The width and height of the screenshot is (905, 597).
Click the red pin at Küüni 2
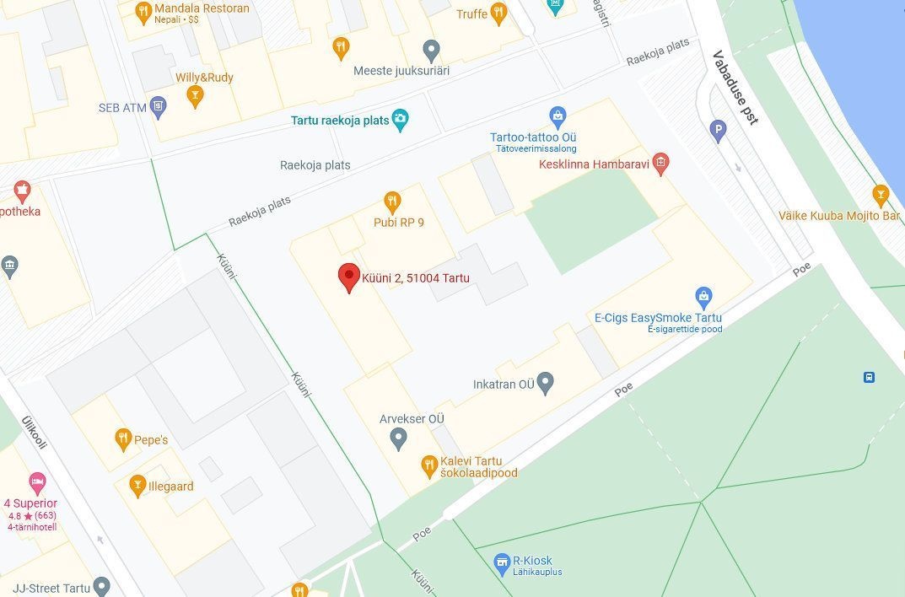(349, 277)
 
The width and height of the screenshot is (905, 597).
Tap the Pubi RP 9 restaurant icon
(392, 202)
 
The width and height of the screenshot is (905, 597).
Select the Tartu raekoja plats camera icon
(401, 121)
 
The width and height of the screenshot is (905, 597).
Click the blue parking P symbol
(719, 130)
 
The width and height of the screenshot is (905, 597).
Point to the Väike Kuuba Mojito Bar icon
(881, 196)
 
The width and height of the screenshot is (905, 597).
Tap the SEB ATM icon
(159, 107)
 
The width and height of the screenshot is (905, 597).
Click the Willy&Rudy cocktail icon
(196, 97)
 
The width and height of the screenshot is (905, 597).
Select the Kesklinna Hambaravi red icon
(661, 164)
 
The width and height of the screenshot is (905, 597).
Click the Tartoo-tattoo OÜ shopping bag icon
(557, 117)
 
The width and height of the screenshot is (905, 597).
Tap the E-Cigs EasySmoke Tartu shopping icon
(703, 297)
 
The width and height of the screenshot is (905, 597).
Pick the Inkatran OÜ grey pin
(546, 384)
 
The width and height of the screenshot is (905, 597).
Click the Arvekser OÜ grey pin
(398, 438)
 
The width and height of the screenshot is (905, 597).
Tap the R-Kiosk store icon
(503, 562)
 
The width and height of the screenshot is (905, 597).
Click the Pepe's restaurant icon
(123, 439)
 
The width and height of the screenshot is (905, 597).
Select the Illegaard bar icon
(137, 485)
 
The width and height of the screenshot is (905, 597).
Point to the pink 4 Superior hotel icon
(37, 483)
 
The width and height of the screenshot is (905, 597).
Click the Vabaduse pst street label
(735, 88)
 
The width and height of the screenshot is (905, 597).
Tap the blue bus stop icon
(869, 377)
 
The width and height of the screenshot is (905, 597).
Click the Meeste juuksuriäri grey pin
(431, 51)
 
